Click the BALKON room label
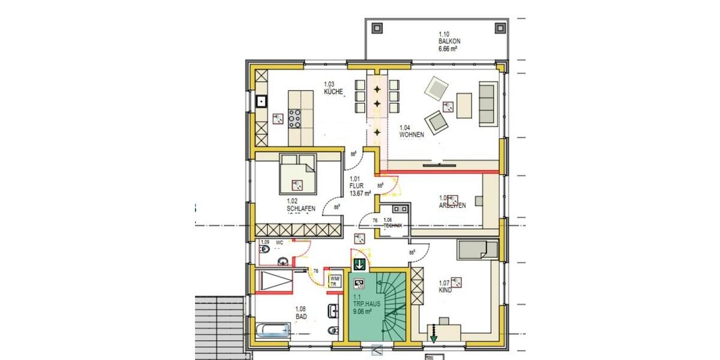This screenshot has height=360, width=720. pyautogui.click(x=449, y=41)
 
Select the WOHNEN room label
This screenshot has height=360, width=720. pyautogui.click(x=412, y=131)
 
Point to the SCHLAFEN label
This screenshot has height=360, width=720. pyautogui.click(x=301, y=205)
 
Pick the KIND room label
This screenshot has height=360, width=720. pyautogui.click(x=445, y=287)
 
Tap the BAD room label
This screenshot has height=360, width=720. pyautogui.click(x=301, y=313)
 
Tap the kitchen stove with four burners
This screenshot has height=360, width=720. pyautogui.click(x=295, y=117)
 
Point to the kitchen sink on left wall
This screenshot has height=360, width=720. pyautogui.click(x=262, y=101)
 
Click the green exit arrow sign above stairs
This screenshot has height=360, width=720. pyautogui.click(x=359, y=264)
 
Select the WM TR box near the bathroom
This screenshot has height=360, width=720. pyautogui.click(x=334, y=281)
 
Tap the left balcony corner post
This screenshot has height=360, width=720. pyautogui.click(x=377, y=28)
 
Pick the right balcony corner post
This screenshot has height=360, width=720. pyautogui.click(x=499, y=28)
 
